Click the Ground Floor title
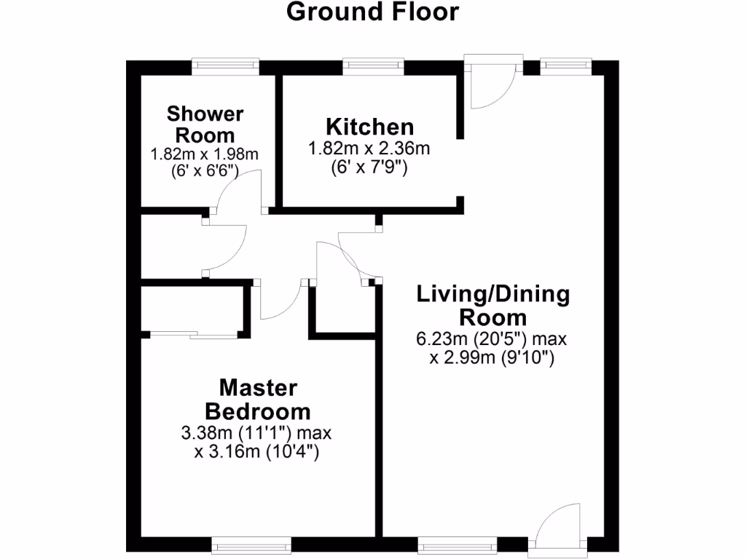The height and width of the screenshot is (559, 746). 372,12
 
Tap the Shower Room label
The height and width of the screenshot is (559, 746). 205,124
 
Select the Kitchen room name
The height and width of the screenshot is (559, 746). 369,126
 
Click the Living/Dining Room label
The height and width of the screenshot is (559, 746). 492,306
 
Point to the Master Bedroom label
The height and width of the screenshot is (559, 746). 258,398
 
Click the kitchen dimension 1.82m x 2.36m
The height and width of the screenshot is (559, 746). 369,149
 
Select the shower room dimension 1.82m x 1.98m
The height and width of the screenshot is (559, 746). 205,154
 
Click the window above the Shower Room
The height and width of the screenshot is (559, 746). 226,66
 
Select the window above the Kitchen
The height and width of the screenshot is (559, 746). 374,66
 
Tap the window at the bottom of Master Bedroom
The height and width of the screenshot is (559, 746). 251,544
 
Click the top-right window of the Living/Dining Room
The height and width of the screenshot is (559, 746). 565,66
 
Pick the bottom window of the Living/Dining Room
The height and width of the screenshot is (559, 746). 458,544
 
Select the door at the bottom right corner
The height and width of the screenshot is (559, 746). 558,528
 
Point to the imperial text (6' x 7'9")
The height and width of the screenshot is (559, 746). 369,167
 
